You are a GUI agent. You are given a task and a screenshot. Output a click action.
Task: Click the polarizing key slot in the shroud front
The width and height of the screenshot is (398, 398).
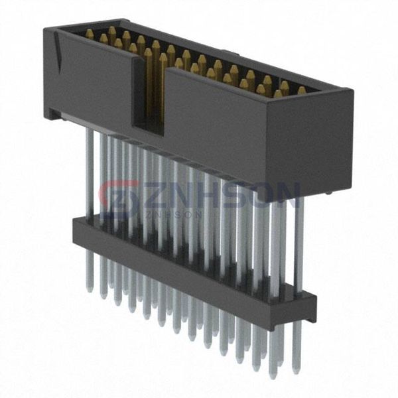(x=149, y=99)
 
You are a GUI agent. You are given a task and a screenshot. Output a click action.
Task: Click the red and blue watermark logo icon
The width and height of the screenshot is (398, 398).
(x=119, y=198)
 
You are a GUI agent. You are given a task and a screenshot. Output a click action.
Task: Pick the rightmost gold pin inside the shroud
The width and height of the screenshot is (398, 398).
(x=301, y=90)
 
